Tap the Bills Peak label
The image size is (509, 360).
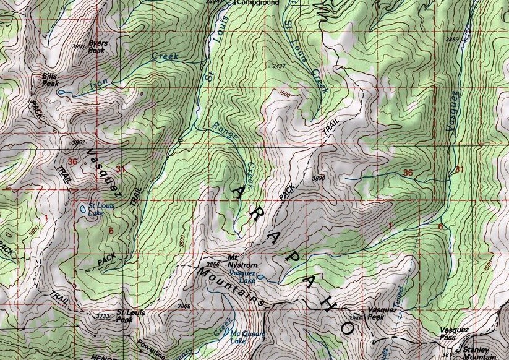pyautogui.click(x=49, y=79)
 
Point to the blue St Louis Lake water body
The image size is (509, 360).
pyautogui.click(x=82, y=209)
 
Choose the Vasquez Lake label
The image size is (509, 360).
pyautogui.click(x=242, y=276)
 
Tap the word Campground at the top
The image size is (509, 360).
pyautogui.click(x=256, y=3)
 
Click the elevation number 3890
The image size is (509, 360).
pyautogui.click(x=319, y=178)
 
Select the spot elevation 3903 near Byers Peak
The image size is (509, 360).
pyautogui.click(x=79, y=46)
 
